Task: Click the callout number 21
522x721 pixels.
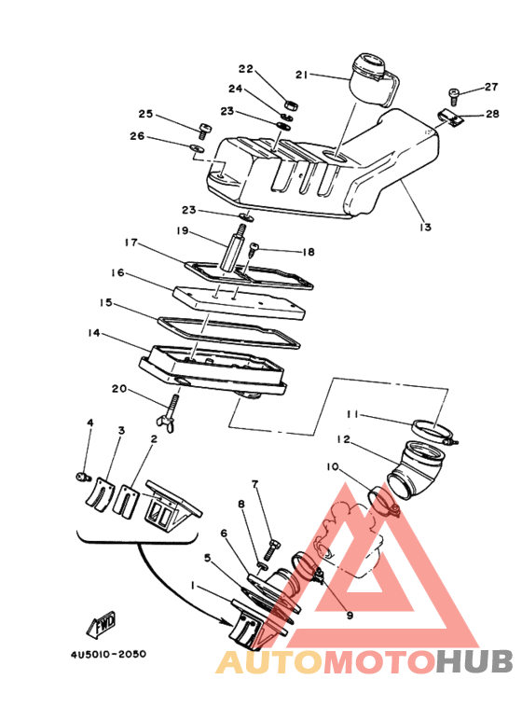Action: pos(301,75)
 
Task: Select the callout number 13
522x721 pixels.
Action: pos(425,227)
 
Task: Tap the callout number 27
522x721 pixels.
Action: pos(491,88)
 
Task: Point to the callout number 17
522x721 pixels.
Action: pos(130,243)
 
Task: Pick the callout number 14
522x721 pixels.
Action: pos(93,333)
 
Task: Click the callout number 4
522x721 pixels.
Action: pos(90,423)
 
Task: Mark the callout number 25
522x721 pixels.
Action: pos(145,114)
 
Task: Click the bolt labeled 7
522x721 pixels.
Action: pos(272,541)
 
